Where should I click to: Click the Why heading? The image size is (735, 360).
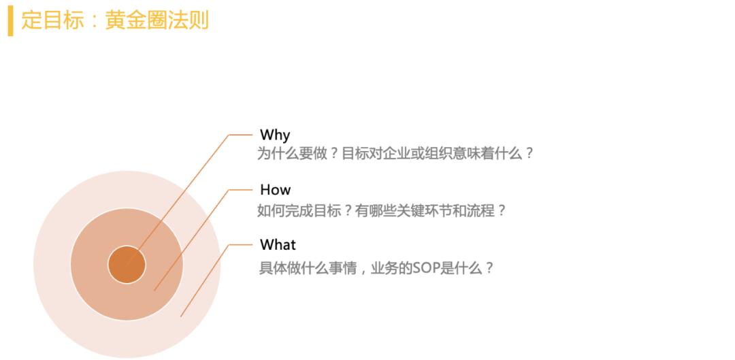(x=275, y=135)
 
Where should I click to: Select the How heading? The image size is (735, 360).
(x=275, y=190)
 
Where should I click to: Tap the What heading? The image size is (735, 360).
(x=278, y=244)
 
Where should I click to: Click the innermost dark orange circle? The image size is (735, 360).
(x=127, y=265)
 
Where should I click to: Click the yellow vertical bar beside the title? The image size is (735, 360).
(x=10, y=20)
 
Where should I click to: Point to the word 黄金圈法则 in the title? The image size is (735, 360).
(x=157, y=20)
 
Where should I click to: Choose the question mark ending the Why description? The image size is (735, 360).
(x=529, y=154)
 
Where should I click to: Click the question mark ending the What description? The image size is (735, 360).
(x=487, y=268)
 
